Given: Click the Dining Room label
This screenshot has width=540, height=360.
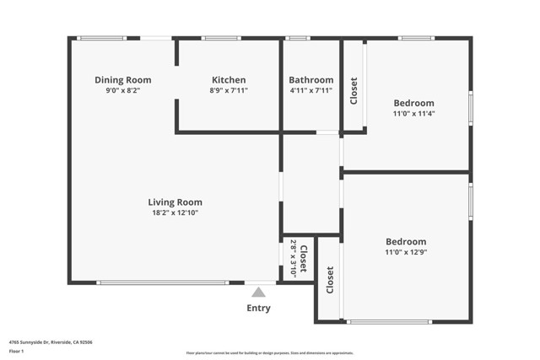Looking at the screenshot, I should coord(122,79).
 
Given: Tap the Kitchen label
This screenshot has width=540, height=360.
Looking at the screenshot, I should coord(229,79).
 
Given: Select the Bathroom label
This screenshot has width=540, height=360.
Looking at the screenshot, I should coord(311,79).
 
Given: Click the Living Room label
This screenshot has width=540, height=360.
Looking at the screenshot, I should coord(175,202).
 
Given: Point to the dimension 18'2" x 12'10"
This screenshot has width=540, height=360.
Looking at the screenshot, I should coord(175,213).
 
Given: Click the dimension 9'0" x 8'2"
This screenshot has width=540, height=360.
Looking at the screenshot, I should coord(122,90).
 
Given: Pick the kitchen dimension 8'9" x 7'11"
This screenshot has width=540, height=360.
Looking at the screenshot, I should coord(229,90).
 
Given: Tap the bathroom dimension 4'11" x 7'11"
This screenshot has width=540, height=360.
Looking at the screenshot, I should coord(311,90).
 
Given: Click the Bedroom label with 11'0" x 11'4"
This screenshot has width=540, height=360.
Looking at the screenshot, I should coord(414,103).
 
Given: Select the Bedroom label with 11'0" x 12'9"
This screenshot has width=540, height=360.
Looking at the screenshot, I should coord(406,241).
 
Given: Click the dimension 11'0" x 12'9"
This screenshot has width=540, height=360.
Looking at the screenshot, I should coord(406,252).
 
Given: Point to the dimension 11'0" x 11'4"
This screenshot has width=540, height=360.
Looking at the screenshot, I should coord(414,114).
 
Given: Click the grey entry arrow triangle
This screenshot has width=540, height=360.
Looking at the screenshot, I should coord(258,292).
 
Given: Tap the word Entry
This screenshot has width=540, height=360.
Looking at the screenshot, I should coord(258,309).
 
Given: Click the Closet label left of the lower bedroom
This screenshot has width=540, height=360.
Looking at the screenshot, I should coord(329,278).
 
